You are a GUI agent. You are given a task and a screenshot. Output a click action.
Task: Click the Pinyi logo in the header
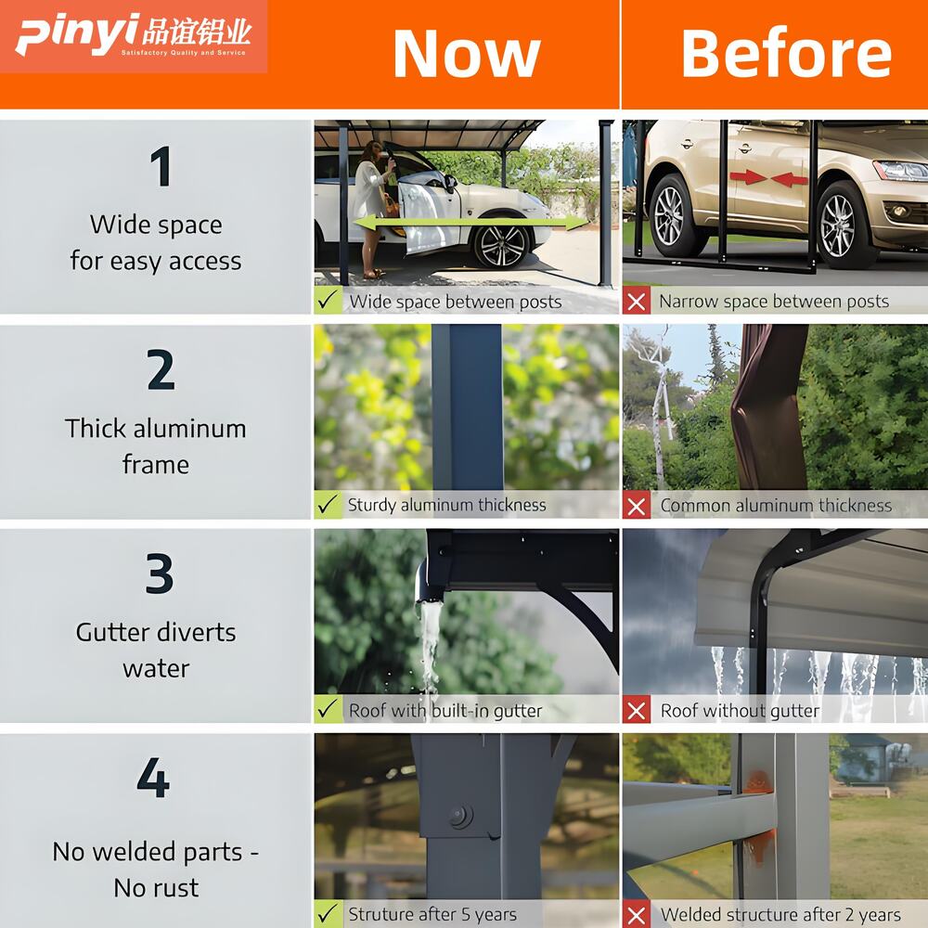pyautogui.click(x=134, y=35)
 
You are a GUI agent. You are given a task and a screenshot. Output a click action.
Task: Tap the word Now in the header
pyautogui.click(x=467, y=53)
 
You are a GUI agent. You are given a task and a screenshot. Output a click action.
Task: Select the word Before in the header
pyautogui.click(x=786, y=53)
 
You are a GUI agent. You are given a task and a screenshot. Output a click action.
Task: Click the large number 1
pyautogui.click(x=161, y=166)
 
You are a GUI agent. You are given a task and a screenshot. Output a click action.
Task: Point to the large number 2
pyautogui.click(x=161, y=369)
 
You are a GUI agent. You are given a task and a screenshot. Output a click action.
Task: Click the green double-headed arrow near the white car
pyautogui.click(x=470, y=223)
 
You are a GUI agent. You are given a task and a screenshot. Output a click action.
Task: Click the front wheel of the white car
pyautogui.click(x=501, y=246)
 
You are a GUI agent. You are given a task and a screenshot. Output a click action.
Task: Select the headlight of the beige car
pyautogui.click(x=901, y=171)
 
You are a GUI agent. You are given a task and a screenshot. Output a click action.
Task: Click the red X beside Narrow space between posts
pyautogui.click(x=637, y=301)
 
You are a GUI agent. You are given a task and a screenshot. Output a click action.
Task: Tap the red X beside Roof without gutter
pyautogui.click(x=637, y=710)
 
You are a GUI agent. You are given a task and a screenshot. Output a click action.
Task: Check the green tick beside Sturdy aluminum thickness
pyautogui.click(x=328, y=504)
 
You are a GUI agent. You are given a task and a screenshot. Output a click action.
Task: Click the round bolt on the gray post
pyautogui.click(x=460, y=817)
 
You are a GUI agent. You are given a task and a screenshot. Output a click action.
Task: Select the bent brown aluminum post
pyautogui.click(x=768, y=407)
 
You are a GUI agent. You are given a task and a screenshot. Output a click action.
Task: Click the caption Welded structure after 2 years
pyautogui.click(x=780, y=914)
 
